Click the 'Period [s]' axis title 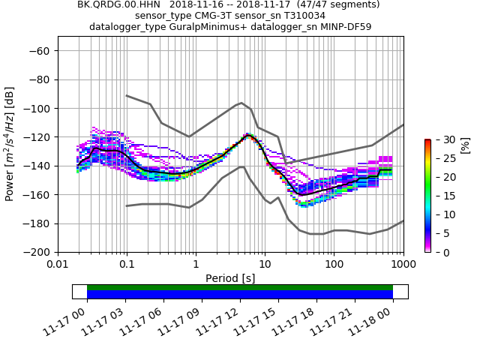[x=230, y=278]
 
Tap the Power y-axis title [x=10, y=144]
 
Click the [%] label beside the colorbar [x=465, y=145]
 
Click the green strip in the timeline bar [x=240, y=287]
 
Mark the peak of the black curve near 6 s [x=248, y=136]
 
